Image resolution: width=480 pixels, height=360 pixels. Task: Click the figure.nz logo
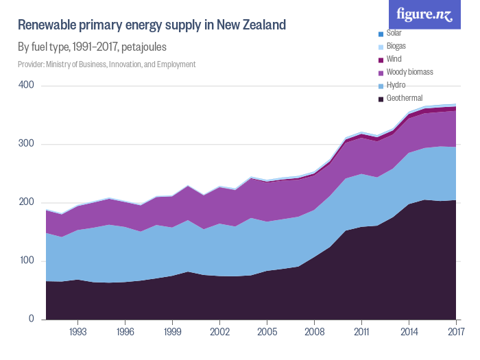(429, 14)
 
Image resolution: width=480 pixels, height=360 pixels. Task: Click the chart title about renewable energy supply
(152, 26)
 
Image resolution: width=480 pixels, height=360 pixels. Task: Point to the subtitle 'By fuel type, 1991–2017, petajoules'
(92, 47)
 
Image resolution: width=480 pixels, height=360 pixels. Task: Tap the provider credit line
(107, 64)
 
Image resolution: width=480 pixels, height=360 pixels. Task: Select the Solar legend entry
(394, 33)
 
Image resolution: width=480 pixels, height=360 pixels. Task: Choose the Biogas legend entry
(396, 46)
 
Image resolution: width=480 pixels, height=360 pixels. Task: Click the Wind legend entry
(394, 59)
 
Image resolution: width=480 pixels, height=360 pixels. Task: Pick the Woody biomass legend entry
(409, 72)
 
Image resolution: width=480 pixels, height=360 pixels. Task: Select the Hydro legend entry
(396, 85)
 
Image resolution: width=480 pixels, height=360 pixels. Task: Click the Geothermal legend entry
(404, 98)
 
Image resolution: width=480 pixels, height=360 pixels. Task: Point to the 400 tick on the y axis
(26, 86)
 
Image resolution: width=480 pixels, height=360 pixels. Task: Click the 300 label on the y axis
(26, 144)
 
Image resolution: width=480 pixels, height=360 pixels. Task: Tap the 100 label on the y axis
(26, 261)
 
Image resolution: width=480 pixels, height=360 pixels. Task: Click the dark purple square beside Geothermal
(381, 99)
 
